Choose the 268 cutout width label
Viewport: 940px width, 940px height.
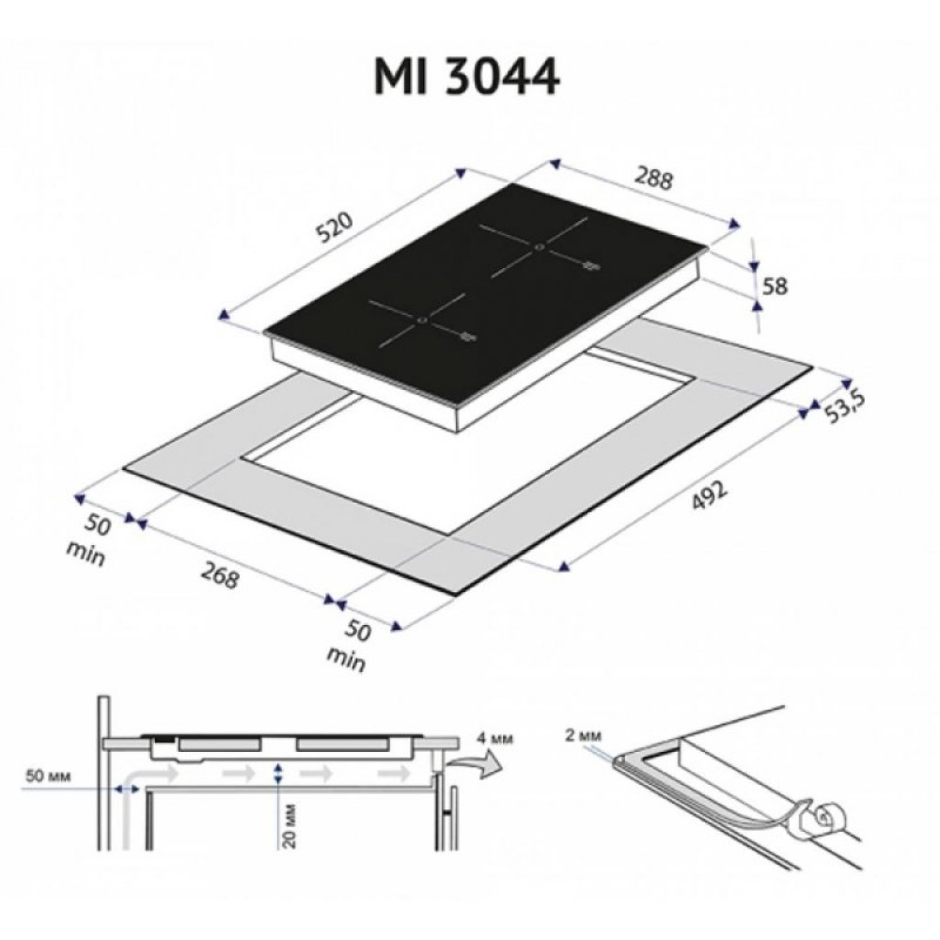(218, 573)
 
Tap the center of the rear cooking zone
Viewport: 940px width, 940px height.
(538, 247)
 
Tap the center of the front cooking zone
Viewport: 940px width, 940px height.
(420, 321)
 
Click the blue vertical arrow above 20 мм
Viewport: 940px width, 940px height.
(276, 774)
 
